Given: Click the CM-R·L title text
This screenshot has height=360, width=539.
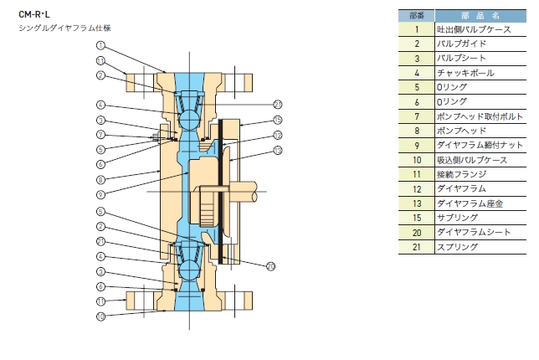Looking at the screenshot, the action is (x=34, y=14).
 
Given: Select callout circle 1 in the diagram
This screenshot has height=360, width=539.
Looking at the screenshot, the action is (x=100, y=45).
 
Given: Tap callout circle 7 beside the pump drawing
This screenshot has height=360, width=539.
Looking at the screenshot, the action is (x=100, y=135).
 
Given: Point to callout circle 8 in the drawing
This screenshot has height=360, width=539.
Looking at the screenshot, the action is (x=100, y=179).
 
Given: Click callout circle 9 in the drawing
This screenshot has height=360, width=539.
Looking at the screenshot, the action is (x=100, y=194).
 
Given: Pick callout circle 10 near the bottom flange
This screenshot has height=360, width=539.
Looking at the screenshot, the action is (x=100, y=316).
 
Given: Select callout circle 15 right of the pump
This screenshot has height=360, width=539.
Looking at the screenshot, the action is (x=278, y=120).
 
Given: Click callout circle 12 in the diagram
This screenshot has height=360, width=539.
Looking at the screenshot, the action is (x=278, y=135).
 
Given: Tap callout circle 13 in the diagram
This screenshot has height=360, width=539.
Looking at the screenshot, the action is (x=278, y=150).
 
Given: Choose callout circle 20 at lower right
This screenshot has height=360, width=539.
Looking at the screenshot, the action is (x=271, y=266).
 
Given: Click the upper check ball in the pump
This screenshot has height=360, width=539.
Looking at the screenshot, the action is (x=188, y=120).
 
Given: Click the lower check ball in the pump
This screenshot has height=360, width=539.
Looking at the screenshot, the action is (x=188, y=270).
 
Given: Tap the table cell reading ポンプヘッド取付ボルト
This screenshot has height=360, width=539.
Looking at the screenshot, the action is (x=480, y=116).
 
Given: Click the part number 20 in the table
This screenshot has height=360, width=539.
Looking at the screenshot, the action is (x=417, y=233).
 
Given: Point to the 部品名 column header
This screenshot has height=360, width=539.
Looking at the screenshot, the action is (x=480, y=16).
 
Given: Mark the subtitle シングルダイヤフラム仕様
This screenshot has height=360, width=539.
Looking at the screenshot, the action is (x=64, y=28).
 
